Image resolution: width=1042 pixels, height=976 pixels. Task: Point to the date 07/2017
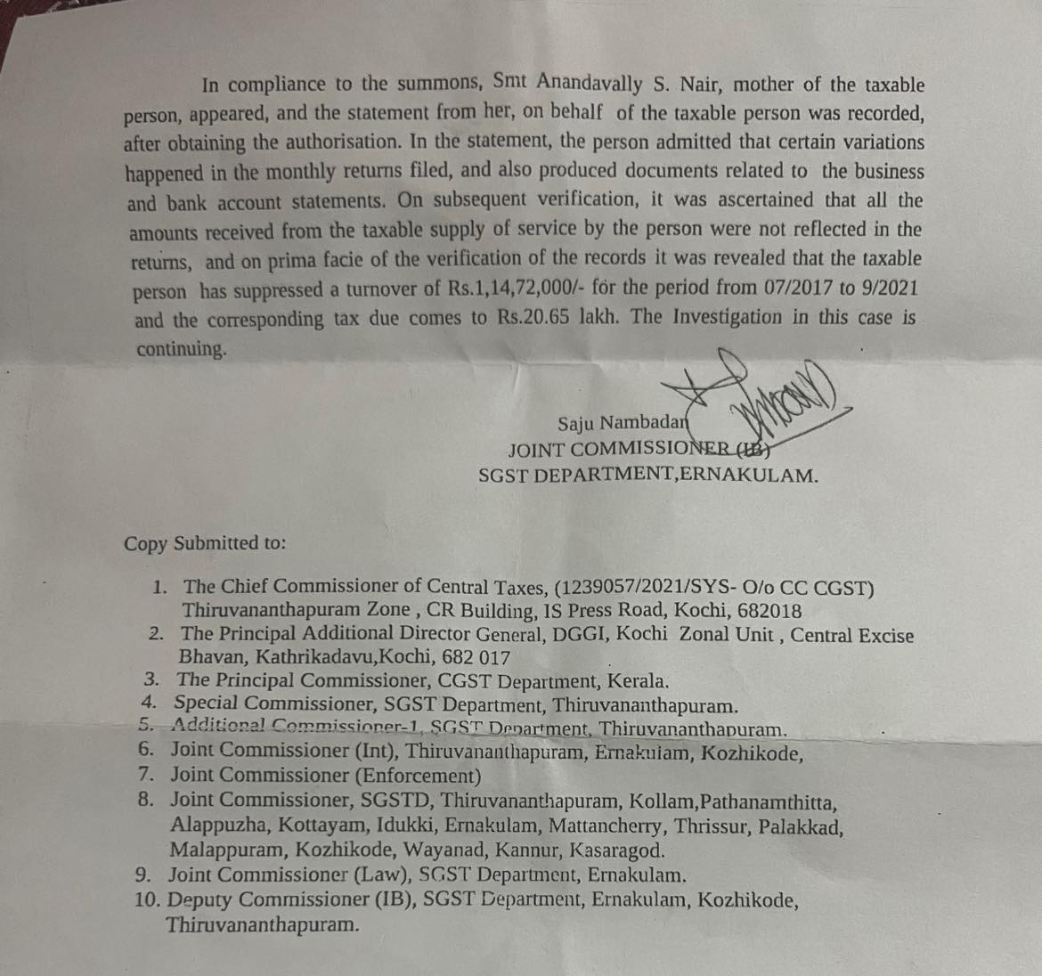802,289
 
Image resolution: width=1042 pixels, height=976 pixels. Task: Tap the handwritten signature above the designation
766,396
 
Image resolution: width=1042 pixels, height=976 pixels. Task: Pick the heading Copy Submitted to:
205,543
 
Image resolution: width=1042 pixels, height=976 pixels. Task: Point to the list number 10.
146,899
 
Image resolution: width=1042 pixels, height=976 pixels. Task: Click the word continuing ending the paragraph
181,348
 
